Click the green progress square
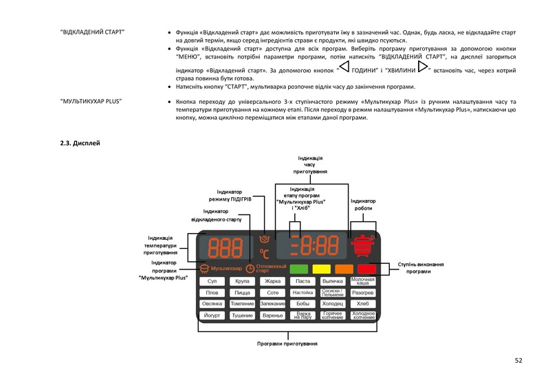299,269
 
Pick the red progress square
366,269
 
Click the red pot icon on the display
362,245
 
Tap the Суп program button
212,282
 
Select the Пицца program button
242,293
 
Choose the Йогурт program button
212,315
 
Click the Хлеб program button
363,304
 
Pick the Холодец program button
333,304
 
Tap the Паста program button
302,282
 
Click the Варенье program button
273,315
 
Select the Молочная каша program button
363,282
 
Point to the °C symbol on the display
264,253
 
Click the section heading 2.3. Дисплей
80,143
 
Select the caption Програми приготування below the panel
287,343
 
